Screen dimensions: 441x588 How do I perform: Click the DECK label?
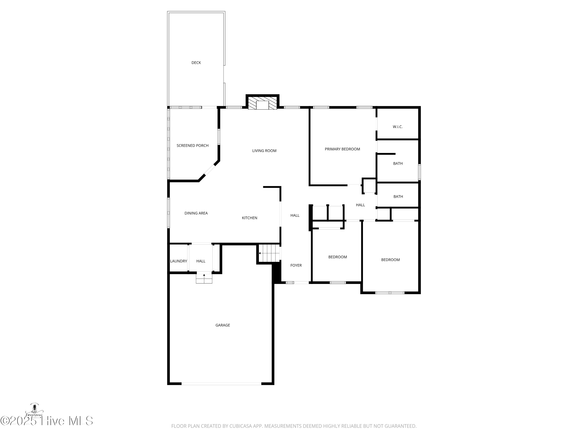point(196,63)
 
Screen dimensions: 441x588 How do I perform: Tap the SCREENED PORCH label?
point(192,146)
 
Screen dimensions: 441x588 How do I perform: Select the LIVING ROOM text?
point(264,151)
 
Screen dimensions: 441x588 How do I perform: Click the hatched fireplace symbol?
point(262,103)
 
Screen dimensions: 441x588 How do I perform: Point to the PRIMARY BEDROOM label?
point(342,149)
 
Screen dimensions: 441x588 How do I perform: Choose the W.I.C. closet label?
point(398,127)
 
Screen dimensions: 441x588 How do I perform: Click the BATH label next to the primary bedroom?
point(398,163)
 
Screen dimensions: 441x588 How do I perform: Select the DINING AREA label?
point(196,213)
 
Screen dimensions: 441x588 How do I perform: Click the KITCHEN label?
point(250,218)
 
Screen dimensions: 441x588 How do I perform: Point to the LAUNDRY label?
point(179,261)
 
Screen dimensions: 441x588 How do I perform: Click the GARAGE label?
point(223,325)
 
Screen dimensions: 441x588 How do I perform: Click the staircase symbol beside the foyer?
point(269,253)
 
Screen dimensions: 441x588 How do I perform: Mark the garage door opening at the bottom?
point(221,384)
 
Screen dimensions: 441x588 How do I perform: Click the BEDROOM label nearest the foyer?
point(338,257)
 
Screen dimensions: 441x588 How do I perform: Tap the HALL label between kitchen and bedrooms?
point(295,216)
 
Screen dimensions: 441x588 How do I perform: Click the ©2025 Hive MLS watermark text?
point(47,421)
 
